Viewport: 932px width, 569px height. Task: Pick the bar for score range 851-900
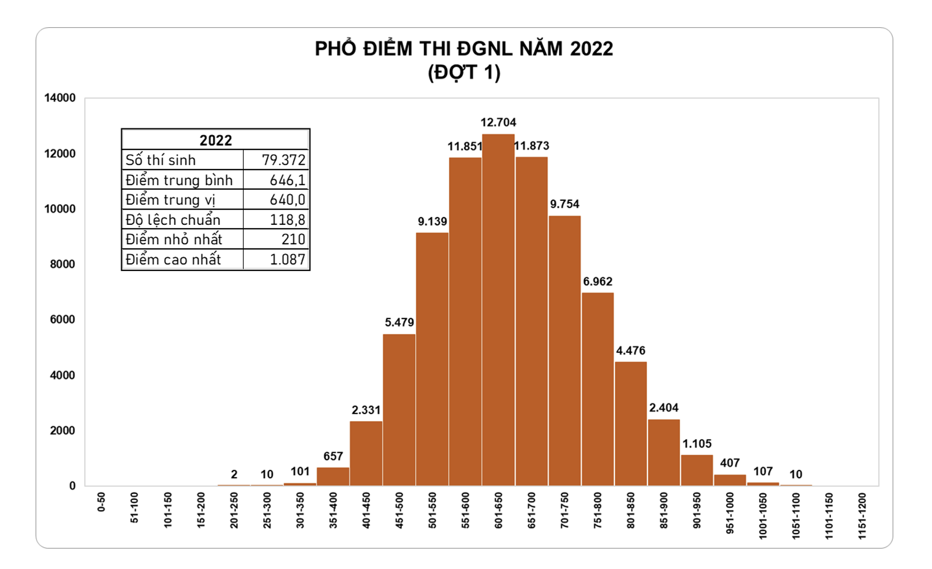664,452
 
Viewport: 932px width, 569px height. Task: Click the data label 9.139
432,221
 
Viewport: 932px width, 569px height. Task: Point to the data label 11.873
532,146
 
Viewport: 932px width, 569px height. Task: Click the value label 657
333,456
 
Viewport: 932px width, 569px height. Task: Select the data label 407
730,463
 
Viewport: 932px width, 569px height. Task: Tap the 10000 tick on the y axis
60,209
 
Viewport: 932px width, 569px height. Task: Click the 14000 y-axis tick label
60,98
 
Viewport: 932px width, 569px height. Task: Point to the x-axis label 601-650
498,510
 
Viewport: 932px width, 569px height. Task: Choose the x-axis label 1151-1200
862,516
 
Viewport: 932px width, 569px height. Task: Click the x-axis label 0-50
101,502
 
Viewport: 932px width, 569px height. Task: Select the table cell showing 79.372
283,160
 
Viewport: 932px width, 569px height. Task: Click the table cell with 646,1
287,180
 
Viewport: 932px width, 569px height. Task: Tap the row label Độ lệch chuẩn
173,220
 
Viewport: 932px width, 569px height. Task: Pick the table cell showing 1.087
287,259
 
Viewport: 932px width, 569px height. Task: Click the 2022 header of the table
215,140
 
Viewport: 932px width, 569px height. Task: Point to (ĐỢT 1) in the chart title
464,72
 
